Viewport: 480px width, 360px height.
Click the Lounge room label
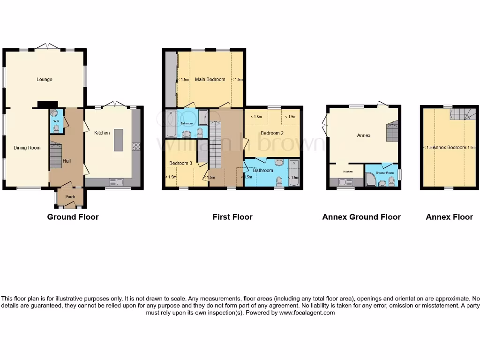tap(45, 79)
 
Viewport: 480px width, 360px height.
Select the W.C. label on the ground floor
tap(56, 120)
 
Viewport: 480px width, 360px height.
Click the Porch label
tap(70, 196)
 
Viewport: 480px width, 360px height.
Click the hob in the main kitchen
tap(136, 146)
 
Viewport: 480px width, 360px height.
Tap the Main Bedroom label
tap(210, 79)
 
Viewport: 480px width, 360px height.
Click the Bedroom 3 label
tap(181, 163)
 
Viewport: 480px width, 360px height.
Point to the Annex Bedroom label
tap(449, 148)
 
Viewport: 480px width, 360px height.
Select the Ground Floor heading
tap(73, 217)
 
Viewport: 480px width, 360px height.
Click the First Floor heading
tap(232, 217)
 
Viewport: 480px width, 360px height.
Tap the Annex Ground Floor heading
tap(361, 217)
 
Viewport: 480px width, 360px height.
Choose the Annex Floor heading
tap(450, 217)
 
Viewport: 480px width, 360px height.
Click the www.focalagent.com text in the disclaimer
tap(307, 313)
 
